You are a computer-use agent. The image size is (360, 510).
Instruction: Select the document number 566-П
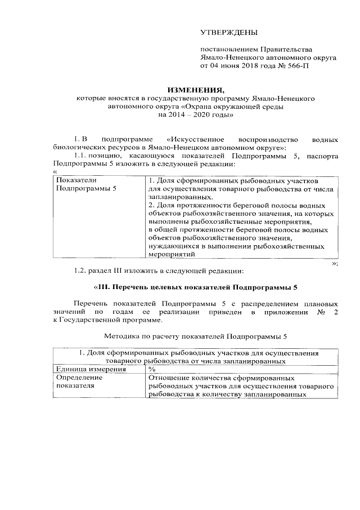[296, 65]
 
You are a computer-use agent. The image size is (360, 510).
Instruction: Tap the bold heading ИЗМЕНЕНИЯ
[196, 90]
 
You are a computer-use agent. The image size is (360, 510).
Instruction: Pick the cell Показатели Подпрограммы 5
[84, 184]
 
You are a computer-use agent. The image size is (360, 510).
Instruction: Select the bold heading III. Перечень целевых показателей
[196, 286]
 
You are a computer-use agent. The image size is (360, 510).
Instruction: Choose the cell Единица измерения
[80, 369]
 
